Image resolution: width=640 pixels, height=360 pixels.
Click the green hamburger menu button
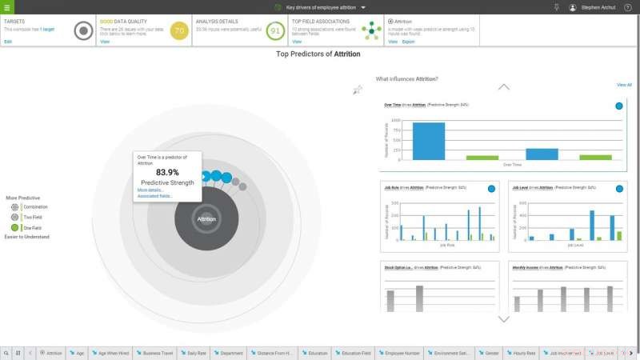click(6, 6)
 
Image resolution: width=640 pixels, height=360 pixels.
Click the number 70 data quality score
click(179, 31)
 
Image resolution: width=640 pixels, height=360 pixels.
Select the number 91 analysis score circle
click(275, 31)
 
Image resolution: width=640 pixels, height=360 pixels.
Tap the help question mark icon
click(628, 7)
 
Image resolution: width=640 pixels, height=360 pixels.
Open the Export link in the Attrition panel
click(409, 42)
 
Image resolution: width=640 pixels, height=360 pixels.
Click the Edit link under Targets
click(8, 42)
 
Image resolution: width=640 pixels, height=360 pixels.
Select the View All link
click(624, 85)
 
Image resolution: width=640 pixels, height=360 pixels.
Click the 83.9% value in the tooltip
click(168, 172)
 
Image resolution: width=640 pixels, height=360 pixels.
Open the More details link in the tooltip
click(150, 190)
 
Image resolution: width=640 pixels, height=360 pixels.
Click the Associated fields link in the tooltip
click(154, 196)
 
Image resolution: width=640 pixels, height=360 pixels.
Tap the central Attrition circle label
click(206, 218)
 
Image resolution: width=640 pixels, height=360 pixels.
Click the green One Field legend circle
click(14, 228)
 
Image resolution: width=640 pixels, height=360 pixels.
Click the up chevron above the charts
click(503, 86)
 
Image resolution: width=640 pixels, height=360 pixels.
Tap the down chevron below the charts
click(503, 319)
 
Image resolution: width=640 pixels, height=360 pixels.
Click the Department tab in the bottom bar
click(229, 352)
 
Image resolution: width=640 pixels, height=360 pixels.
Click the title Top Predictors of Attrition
click(318, 54)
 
